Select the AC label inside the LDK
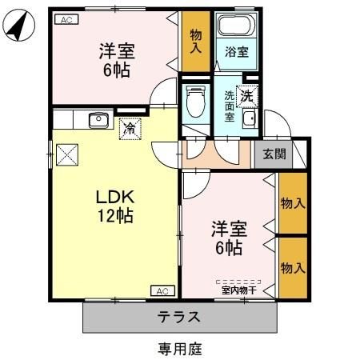[161, 290]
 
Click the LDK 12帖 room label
[114, 206]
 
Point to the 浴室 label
[235, 53]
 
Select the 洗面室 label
[229, 105]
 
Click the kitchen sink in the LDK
[98, 121]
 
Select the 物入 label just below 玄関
[293, 203]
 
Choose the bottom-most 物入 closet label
[293, 267]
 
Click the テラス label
[180, 316]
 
